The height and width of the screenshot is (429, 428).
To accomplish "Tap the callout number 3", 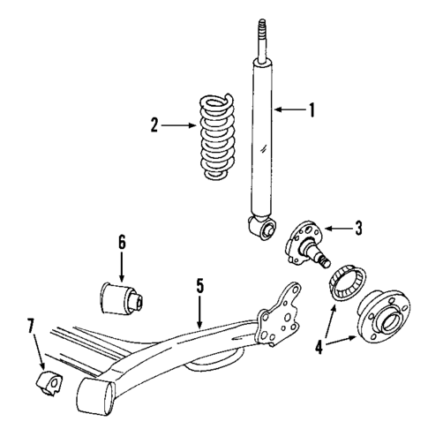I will pos(359,228).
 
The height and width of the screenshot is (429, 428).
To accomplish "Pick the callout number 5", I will pos(200,285).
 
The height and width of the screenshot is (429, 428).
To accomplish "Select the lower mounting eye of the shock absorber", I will pos(261,230).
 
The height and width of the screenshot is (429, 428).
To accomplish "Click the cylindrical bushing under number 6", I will pos(122,296).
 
